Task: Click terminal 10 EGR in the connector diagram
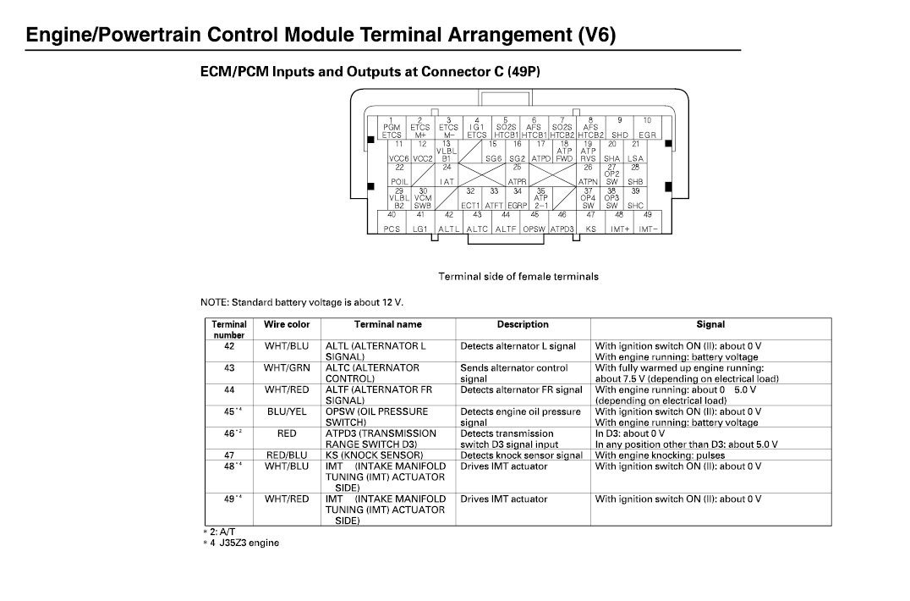(647, 128)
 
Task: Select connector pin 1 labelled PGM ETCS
(392, 128)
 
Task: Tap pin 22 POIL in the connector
(399, 174)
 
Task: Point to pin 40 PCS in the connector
(392, 222)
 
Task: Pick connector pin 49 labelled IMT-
(647, 222)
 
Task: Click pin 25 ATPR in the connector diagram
(517, 174)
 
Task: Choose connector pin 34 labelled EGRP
(517, 199)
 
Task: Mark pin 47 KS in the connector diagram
(590, 222)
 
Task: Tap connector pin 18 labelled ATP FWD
(564, 152)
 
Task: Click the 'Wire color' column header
(287, 324)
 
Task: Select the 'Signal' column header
(710, 324)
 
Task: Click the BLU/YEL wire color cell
(287, 411)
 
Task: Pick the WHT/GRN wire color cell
(287, 368)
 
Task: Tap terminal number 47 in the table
(228, 455)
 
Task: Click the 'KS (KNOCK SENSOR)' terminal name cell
(375, 455)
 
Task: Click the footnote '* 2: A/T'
(219, 532)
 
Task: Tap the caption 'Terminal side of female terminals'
(518, 276)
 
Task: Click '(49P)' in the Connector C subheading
(522, 72)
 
